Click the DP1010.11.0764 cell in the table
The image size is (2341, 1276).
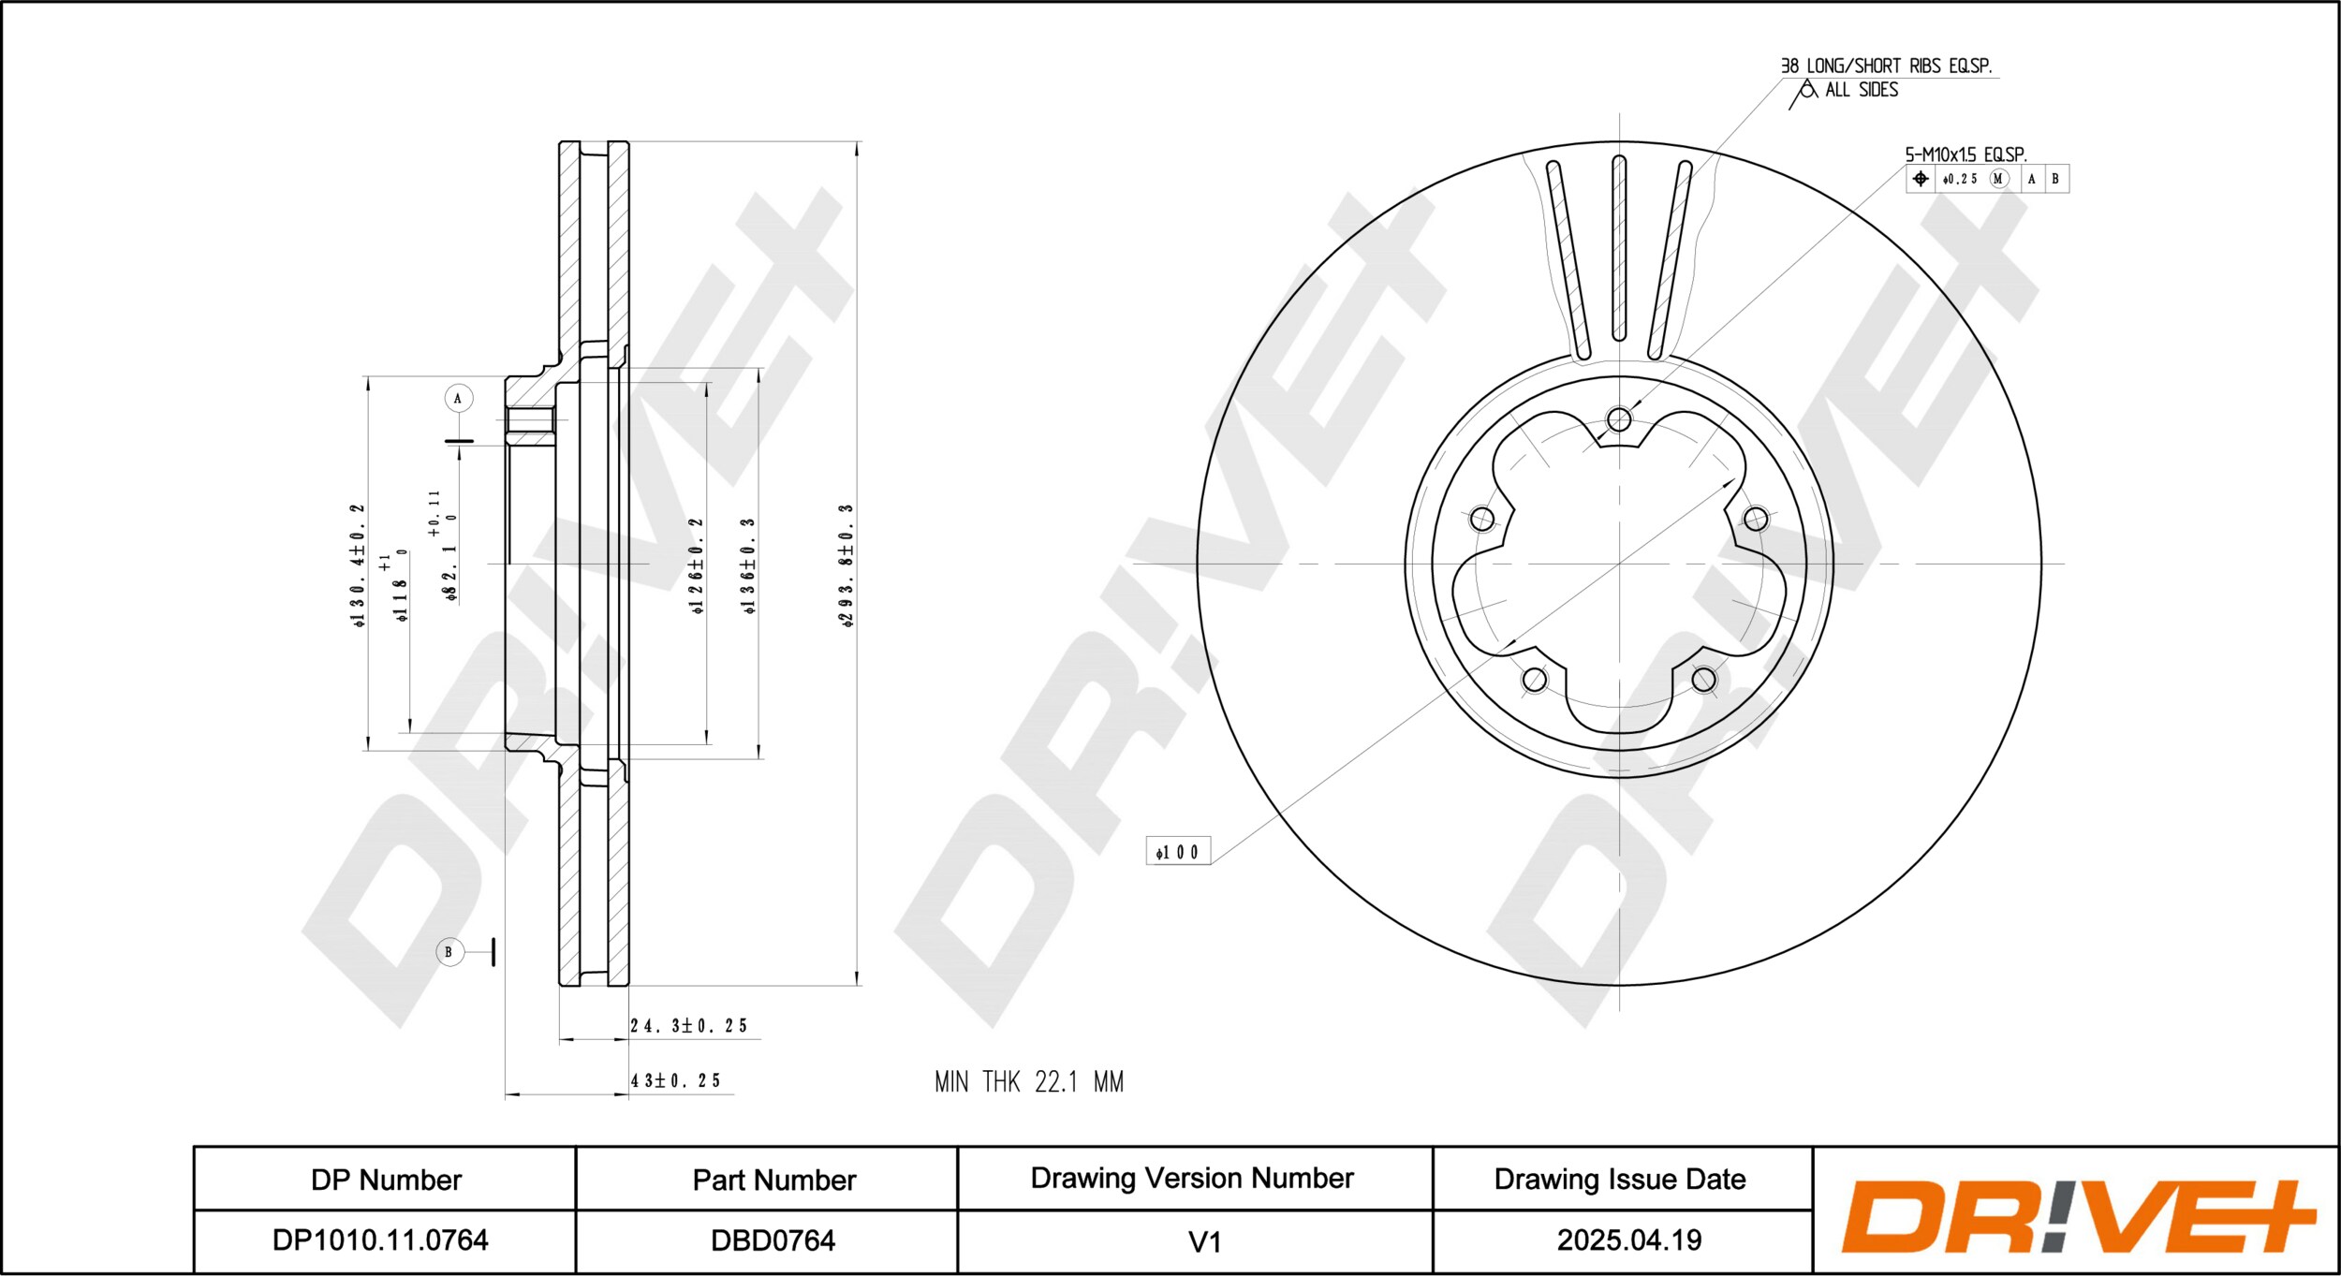tap(380, 1240)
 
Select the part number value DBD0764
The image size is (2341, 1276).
tap(773, 1240)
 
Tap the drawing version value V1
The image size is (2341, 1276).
tap(1204, 1242)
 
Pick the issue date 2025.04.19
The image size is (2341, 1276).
tap(1629, 1240)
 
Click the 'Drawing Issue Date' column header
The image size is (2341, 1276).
tap(1620, 1180)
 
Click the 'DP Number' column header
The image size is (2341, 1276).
tap(386, 1181)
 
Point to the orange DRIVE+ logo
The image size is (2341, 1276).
tap(2079, 1217)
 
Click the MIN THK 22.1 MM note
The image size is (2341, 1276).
tap(1029, 1082)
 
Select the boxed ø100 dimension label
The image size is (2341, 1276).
tap(1178, 851)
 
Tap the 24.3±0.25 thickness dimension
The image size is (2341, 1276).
tap(688, 1026)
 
